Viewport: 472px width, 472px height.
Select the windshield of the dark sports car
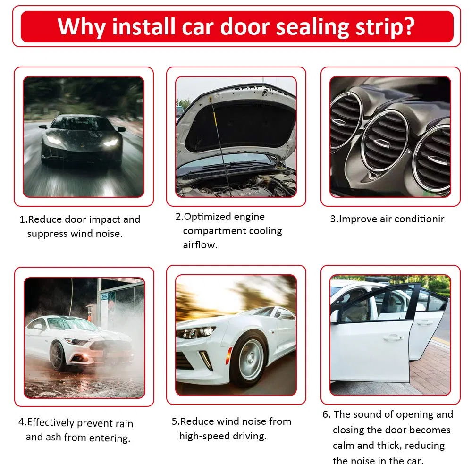(x=81, y=124)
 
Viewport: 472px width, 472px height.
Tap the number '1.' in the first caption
(x=24, y=219)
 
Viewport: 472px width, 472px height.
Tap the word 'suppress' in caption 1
(x=47, y=234)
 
